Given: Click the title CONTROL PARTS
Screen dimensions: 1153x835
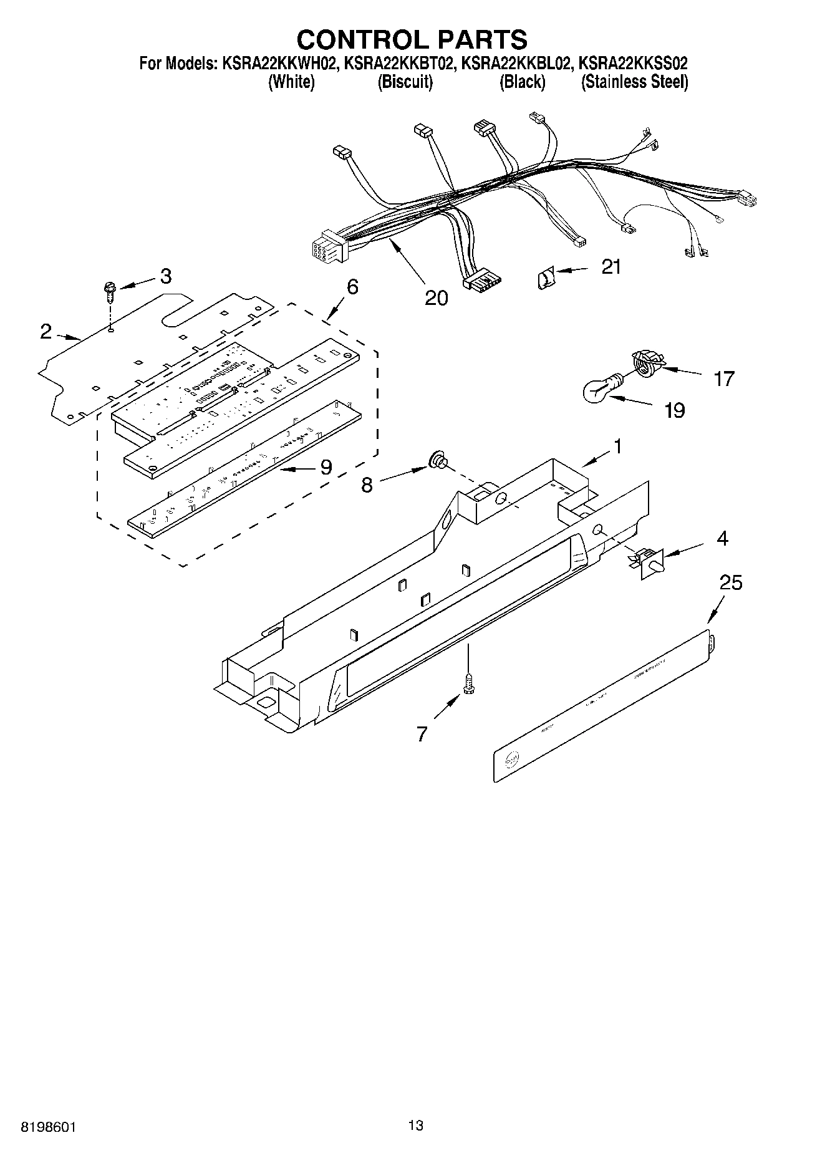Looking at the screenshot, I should [412, 39].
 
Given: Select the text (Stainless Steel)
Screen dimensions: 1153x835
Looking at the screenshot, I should [634, 82].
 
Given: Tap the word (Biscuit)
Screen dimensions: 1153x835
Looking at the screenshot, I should [405, 82].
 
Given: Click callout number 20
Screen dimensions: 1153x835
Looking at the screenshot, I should [436, 298].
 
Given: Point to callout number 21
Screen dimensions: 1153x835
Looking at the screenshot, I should [611, 267].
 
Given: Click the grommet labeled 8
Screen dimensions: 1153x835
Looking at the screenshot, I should [437, 462].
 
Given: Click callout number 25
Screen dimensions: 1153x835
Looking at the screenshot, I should [731, 583].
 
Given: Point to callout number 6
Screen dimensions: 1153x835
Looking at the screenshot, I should [352, 287].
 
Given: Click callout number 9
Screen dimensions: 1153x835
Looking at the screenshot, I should [326, 467].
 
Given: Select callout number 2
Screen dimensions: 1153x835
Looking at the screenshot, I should [46, 332].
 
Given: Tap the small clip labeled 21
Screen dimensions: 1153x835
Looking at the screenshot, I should [544, 277].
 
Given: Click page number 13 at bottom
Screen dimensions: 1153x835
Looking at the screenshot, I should [416, 1125].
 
